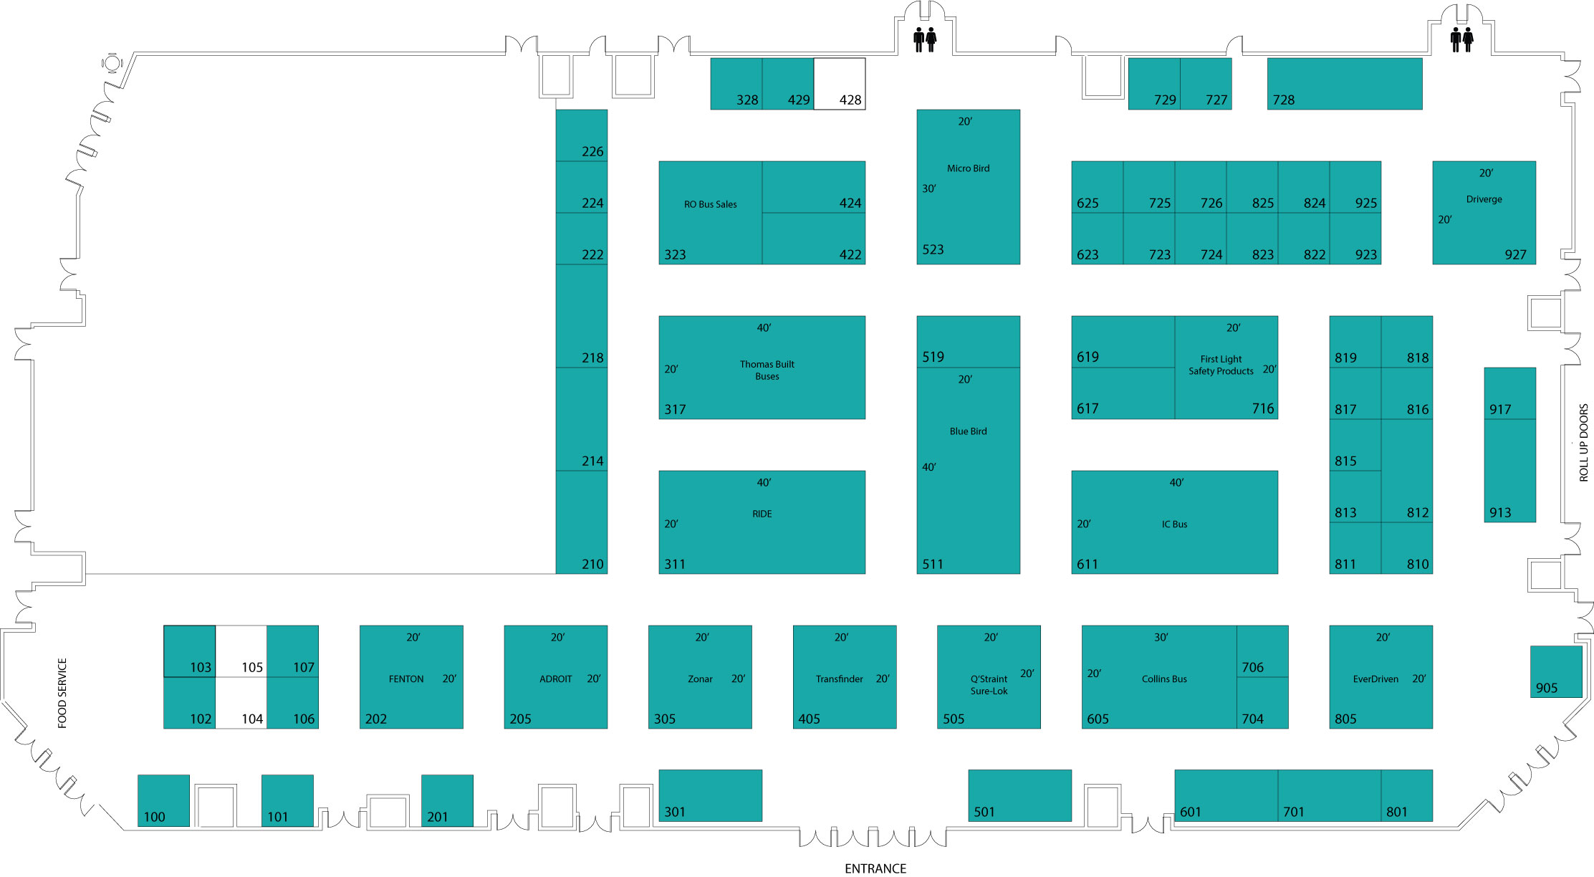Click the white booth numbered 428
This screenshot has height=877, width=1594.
(x=839, y=84)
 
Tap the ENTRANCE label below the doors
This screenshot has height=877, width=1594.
(x=875, y=868)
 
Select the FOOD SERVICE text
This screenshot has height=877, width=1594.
(x=62, y=693)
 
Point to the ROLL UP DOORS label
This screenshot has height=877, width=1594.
(x=1583, y=442)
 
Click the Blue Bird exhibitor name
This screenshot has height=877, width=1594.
(x=968, y=431)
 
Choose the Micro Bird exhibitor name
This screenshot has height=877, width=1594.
(x=968, y=168)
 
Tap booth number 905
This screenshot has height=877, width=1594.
(x=1547, y=688)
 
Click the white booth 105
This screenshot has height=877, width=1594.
(x=241, y=651)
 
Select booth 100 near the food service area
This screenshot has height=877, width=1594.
(x=163, y=800)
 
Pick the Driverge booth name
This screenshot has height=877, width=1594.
(x=1484, y=199)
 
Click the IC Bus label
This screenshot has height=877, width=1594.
(x=1174, y=524)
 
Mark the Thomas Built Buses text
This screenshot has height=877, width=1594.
(x=767, y=370)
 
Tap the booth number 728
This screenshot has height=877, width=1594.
(x=1283, y=100)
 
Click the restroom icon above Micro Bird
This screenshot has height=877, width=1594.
(x=924, y=39)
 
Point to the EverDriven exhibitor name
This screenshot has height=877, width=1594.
(x=1375, y=679)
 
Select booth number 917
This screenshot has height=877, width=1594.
(x=1499, y=410)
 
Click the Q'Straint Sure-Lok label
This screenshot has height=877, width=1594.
(x=989, y=685)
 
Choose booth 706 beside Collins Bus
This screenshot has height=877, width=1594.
(x=1262, y=651)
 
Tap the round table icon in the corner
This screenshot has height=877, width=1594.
(x=112, y=63)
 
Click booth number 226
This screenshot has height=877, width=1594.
(x=592, y=152)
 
